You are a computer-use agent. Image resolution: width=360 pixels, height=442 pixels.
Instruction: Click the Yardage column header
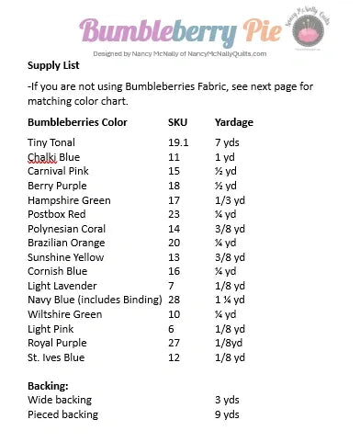pyautogui.click(x=233, y=121)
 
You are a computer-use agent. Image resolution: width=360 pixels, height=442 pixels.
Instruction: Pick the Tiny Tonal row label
pyautogui.click(x=51, y=142)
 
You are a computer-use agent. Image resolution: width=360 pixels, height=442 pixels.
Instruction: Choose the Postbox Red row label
pyautogui.click(x=58, y=214)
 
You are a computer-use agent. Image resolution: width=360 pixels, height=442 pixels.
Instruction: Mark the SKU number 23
pyautogui.click(x=174, y=214)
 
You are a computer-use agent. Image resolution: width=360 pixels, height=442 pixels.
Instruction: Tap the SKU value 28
pyautogui.click(x=174, y=300)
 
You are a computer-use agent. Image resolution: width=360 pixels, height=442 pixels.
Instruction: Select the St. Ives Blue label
pyautogui.click(x=56, y=357)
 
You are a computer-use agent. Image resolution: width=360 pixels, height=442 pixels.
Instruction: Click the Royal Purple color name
pyautogui.click(x=58, y=343)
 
